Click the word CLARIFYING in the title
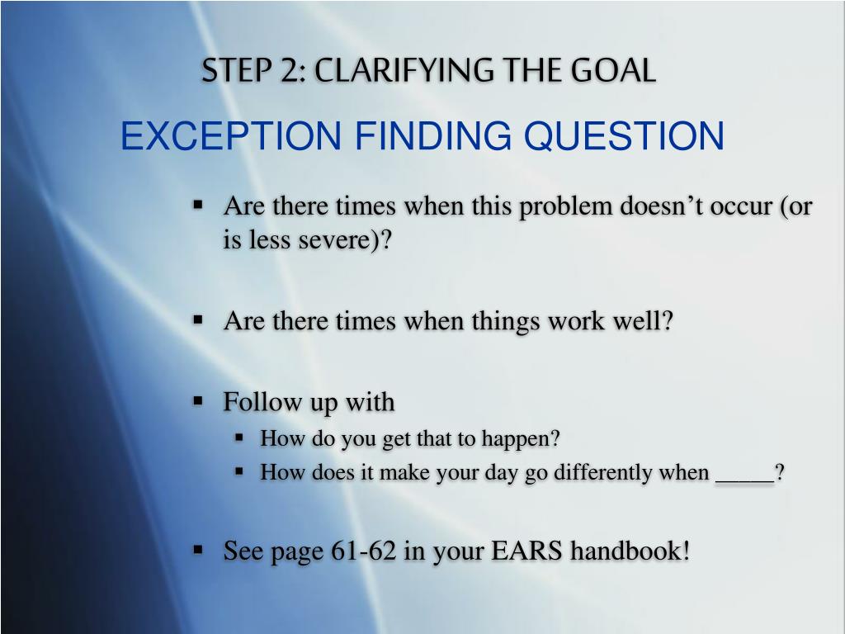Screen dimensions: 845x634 [x=404, y=70]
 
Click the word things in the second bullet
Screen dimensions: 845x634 [x=506, y=322]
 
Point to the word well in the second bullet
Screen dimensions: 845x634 [x=636, y=320]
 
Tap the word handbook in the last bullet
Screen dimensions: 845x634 [x=625, y=551]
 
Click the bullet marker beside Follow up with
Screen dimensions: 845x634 [x=198, y=401]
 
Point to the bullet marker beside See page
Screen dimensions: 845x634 [x=198, y=550]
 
